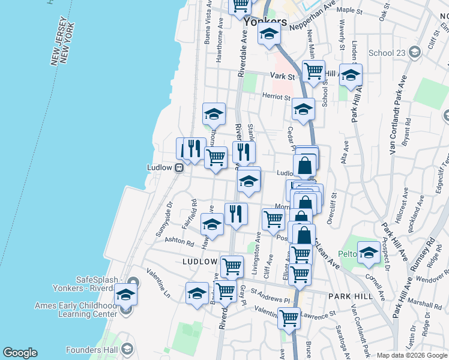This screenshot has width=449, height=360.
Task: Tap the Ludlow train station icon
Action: (x=179, y=168)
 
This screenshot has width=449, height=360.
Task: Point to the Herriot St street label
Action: (x=276, y=97)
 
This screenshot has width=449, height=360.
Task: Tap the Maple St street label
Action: (x=349, y=10)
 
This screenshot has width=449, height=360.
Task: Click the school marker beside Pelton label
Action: (x=369, y=252)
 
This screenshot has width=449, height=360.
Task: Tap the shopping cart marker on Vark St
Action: (x=313, y=71)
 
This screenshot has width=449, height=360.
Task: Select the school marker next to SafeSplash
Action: (x=125, y=294)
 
